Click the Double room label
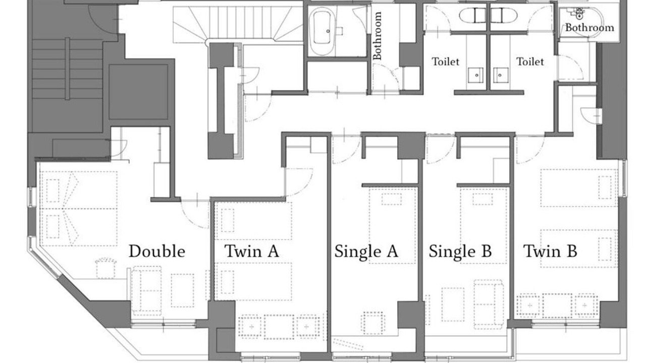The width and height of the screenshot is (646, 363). [x=157, y=251]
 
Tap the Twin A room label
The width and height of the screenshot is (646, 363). [x=252, y=251]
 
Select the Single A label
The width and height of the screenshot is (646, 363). [x=366, y=252]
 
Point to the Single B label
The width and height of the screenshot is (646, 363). [x=460, y=252]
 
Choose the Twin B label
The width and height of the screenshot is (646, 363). [x=550, y=251]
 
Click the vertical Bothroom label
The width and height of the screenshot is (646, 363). [x=377, y=35]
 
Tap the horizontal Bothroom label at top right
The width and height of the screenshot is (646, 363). [x=589, y=28]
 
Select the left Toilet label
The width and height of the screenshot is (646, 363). [x=445, y=62]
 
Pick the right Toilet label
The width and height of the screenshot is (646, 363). [x=530, y=62]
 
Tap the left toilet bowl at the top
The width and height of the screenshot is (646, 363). [x=473, y=15]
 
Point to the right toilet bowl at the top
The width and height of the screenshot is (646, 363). [x=504, y=15]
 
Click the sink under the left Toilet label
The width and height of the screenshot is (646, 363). [x=475, y=75]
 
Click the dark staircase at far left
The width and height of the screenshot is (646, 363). [x=67, y=69]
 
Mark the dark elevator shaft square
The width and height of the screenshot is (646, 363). [x=138, y=92]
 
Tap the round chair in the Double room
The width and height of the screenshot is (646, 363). [x=106, y=268]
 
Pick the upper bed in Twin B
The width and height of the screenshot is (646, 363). [x=579, y=188]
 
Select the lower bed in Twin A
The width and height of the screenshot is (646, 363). [x=253, y=281]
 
